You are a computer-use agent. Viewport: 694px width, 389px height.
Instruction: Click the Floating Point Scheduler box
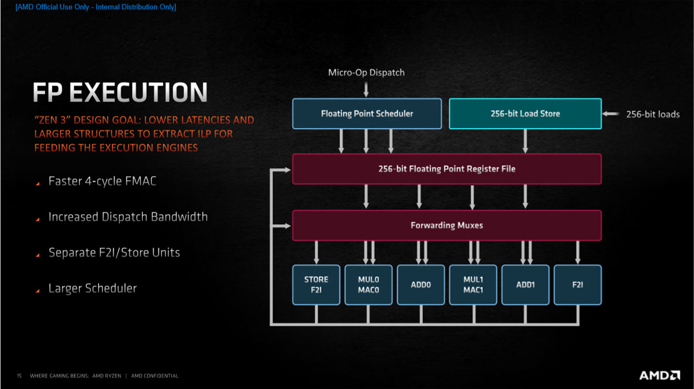(367, 113)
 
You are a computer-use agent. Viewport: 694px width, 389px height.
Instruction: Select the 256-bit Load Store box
(525, 113)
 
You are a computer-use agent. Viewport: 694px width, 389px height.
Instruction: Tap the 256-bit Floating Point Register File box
(446, 169)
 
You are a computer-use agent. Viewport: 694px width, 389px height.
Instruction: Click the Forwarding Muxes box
(446, 225)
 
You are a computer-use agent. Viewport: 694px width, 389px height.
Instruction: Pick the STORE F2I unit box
(316, 285)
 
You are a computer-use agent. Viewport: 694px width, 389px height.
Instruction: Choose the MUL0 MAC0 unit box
(368, 285)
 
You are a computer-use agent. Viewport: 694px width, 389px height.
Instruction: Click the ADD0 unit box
(420, 285)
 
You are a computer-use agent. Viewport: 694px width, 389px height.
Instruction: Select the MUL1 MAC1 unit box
(473, 285)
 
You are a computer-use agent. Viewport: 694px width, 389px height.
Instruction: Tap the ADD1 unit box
(525, 285)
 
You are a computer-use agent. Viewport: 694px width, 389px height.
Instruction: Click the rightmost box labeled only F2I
(578, 285)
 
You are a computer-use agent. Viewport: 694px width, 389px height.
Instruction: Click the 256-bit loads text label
(653, 114)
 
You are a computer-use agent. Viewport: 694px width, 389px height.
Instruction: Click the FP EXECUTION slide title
(120, 93)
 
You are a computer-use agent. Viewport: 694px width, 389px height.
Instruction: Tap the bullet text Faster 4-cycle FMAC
(102, 181)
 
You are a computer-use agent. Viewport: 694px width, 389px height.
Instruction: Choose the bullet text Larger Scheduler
(93, 288)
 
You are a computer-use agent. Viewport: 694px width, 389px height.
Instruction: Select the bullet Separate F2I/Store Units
(114, 252)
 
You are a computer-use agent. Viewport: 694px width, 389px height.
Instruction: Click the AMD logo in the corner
(659, 375)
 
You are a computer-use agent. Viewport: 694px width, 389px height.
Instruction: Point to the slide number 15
(19, 376)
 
